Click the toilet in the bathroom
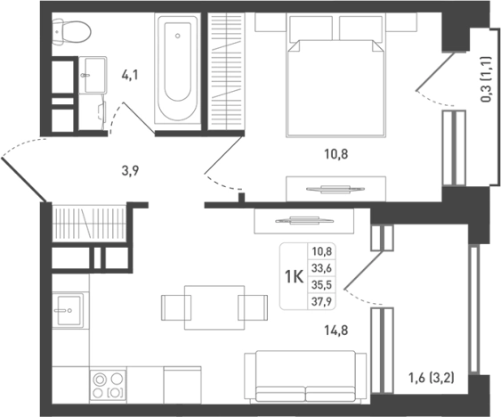coord(71,31)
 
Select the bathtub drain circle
coord(178,36)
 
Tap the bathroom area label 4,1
coord(130,76)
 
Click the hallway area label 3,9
coord(130,171)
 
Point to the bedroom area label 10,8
coord(336,154)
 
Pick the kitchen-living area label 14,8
coord(336,330)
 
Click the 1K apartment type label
coord(294,276)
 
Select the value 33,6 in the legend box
coord(322,268)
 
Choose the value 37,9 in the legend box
coord(322,301)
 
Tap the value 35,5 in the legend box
coord(322,284)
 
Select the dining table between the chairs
coord(214,307)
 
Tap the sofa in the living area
coord(305,376)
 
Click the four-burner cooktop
coord(108,385)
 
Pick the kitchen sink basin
coord(69,310)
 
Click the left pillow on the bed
coord(311,29)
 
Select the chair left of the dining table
coord(174,307)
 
